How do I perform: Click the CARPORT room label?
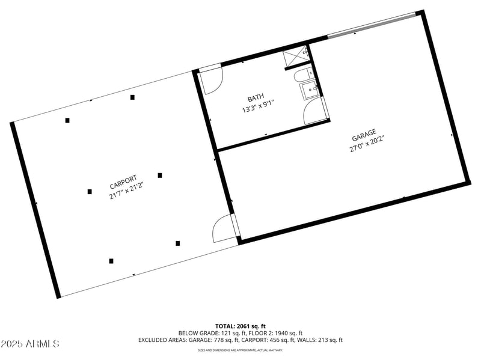[x=123, y=182]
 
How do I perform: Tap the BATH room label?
[x=256, y=99]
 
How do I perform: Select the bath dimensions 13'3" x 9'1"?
[x=258, y=109]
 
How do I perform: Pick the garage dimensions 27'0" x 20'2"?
[x=366, y=144]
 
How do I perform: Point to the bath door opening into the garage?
[x=315, y=111]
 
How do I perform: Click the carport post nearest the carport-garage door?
[x=177, y=243]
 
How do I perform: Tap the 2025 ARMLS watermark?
[x=30, y=344]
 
